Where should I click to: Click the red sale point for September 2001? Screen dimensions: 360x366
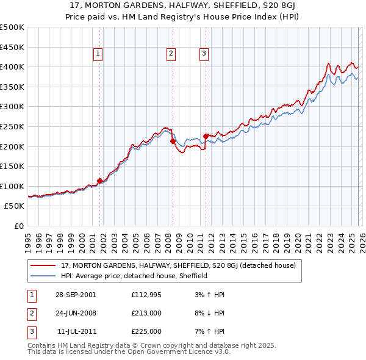click(100, 181)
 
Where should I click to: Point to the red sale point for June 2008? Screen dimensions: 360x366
click(173, 141)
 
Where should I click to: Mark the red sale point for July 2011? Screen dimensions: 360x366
click(206, 136)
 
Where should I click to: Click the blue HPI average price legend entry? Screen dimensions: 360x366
click(134, 276)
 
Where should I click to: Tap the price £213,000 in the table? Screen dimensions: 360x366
click(146, 313)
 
